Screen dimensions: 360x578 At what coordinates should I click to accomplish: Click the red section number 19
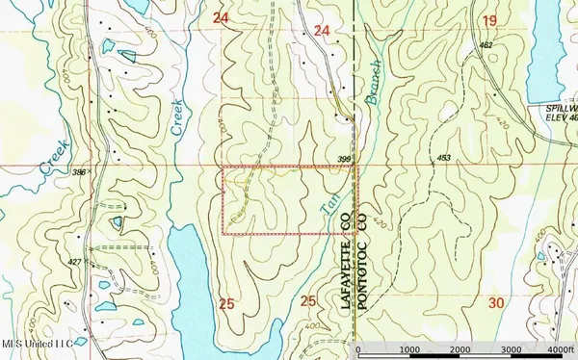[x=488, y=21]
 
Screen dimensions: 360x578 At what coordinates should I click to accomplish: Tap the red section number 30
[x=496, y=302]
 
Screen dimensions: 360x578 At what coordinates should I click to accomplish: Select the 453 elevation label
[x=444, y=156]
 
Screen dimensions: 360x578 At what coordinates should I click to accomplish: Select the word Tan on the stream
[x=325, y=199]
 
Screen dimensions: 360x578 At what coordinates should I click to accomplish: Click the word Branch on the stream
[x=375, y=79]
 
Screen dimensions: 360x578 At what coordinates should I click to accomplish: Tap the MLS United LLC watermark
[x=37, y=344]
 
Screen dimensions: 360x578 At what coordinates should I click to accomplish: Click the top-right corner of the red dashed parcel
[x=356, y=167]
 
